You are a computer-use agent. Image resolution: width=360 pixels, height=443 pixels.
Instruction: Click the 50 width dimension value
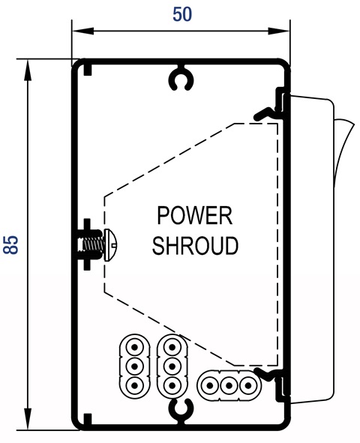click(182, 15)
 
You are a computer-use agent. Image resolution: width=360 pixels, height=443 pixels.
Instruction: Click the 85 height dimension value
click(10, 244)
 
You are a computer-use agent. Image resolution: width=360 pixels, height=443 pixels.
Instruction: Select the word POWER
click(195, 216)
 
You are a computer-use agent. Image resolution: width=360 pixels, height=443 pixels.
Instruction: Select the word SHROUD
click(195, 245)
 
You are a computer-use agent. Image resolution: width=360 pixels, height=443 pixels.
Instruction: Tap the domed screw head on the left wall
click(110, 244)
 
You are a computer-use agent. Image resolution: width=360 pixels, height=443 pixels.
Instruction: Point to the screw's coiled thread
click(92, 244)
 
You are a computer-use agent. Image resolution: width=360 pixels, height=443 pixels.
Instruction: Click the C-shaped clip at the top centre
click(181, 79)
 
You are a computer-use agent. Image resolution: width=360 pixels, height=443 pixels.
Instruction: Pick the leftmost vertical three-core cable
click(134, 366)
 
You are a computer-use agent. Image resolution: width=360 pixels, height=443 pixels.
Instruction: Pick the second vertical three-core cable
click(172, 366)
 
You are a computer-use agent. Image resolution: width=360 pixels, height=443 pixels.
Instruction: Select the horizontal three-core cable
click(229, 385)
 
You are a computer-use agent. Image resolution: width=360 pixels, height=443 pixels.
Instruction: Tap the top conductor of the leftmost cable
click(134, 347)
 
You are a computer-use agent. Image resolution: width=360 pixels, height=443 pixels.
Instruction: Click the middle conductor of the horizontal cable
click(229, 385)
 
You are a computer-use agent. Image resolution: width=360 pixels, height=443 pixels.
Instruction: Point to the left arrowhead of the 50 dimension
click(82, 31)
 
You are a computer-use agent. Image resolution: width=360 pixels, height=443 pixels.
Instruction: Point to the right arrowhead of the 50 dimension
click(279, 31)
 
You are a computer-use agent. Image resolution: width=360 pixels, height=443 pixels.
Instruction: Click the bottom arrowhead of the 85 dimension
click(28, 419)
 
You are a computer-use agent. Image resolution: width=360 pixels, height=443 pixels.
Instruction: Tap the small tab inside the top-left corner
click(88, 70)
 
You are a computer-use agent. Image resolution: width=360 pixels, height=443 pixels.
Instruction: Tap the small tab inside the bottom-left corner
click(88, 419)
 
